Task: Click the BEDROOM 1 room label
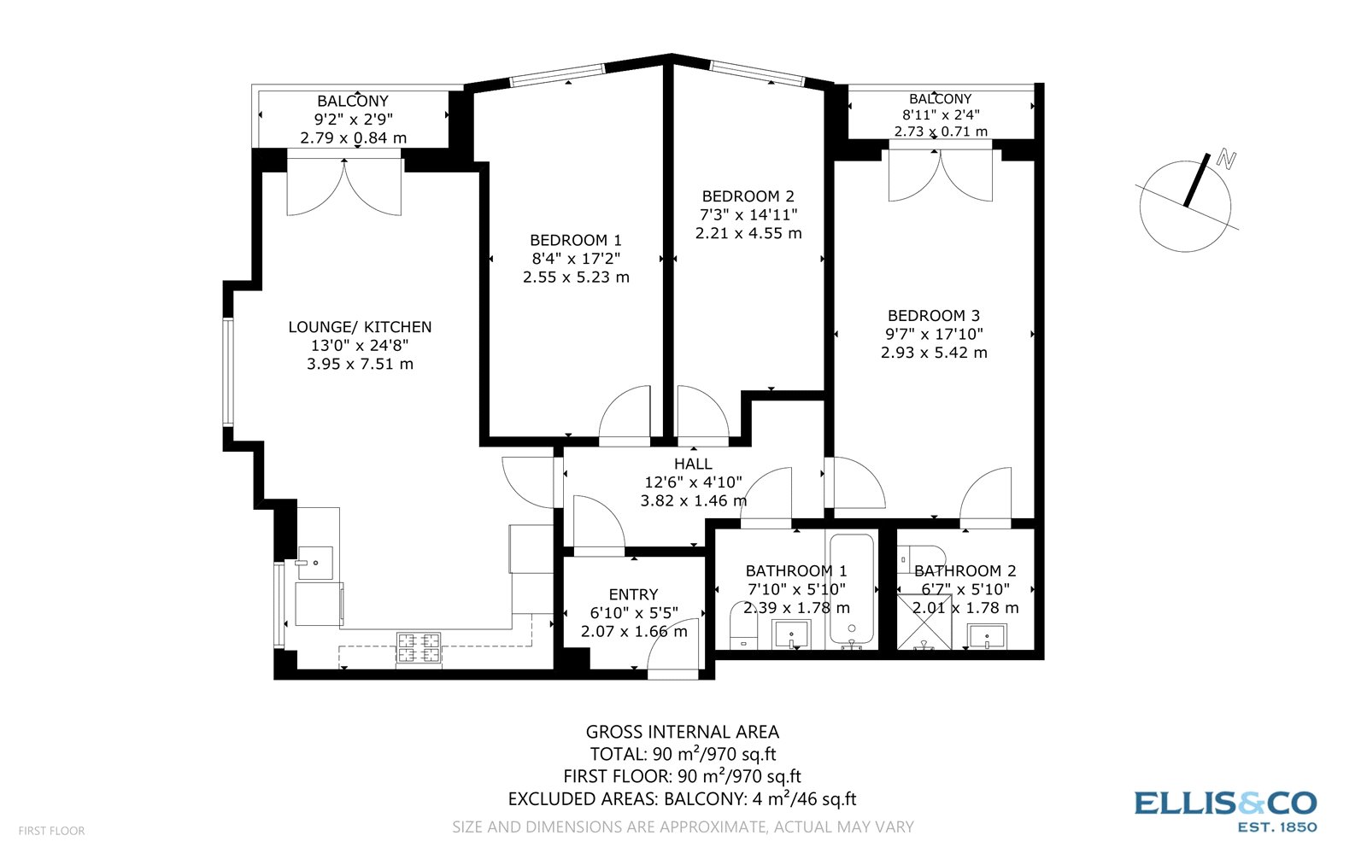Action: tap(576, 240)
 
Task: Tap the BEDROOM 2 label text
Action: tap(748, 196)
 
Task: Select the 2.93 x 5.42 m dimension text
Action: tap(934, 353)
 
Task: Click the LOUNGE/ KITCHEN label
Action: tap(360, 327)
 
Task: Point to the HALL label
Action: tap(693, 464)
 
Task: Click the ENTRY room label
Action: tap(633, 594)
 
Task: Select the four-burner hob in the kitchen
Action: tap(419, 648)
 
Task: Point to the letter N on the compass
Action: tap(1227, 159)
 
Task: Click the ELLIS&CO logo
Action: tap(1225, 803)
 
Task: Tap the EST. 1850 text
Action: tap(1276, 827)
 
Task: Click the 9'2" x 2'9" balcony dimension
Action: tap(353, 120)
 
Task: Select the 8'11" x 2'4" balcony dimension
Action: tap(941, 114)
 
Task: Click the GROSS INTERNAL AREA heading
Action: tap(682, 732)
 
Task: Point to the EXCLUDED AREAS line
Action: tap(682, 799)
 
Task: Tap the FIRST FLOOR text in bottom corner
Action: tap(51, 830)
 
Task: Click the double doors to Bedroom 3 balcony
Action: tap(941, 175)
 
